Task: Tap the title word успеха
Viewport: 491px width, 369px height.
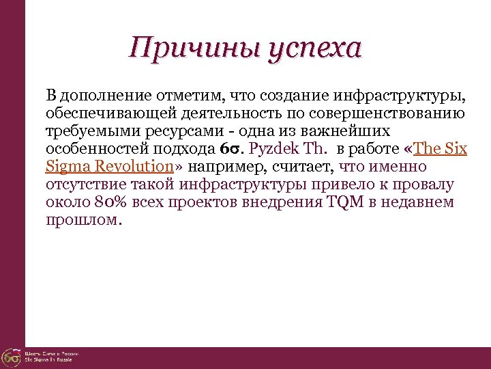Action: (x=315, y=49)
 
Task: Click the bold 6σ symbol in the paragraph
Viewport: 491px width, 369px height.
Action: (x=234, y=149)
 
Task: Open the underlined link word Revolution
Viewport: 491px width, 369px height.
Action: (x=132, y=167)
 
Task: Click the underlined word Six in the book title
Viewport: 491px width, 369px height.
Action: (x=453, y=149)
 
